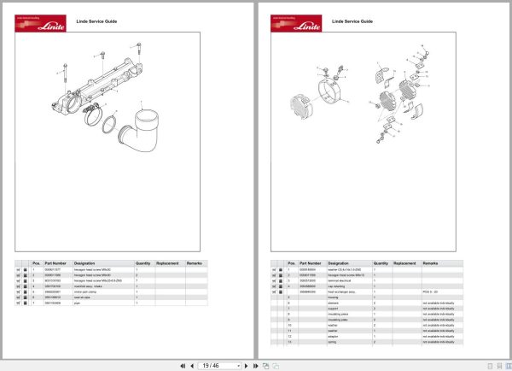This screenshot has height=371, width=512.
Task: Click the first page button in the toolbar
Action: click(x=182, y=365)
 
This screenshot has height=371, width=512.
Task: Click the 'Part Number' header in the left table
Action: click(x=55, y=263)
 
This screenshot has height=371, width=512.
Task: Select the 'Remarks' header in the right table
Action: click(x=430, y=263)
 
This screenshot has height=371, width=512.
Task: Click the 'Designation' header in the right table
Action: click(x=340, y=263)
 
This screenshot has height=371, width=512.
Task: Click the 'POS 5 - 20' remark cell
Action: click(x=429, y=291)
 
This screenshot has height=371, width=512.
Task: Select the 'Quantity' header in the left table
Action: click(x=143, y=263)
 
